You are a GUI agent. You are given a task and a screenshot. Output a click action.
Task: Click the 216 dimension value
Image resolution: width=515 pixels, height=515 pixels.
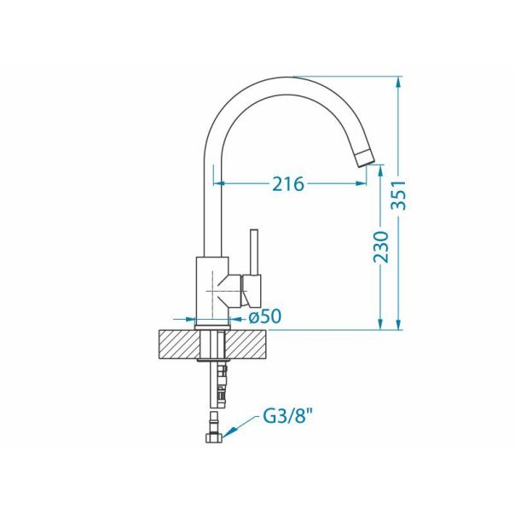point(288,183)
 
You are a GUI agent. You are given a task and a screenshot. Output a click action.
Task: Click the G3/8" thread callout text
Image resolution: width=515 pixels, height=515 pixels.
point(286,419)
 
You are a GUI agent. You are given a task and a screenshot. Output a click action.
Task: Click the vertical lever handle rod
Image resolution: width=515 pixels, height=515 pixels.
point(252,252)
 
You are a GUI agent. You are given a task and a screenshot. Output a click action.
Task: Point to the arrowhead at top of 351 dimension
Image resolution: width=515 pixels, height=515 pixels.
point(398,84)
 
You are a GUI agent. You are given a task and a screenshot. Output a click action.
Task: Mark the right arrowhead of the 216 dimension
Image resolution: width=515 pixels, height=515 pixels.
point(365,183)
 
